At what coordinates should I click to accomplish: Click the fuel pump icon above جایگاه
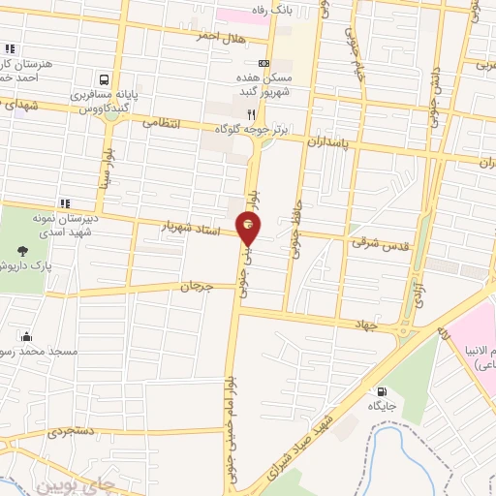tap(379, 392)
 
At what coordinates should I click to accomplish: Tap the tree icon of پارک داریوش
tap(35, 248)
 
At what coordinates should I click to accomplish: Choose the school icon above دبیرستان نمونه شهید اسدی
tap(65, 203)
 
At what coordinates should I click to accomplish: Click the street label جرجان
tap(194, 288)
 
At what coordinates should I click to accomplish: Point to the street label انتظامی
tap(163, 123)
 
